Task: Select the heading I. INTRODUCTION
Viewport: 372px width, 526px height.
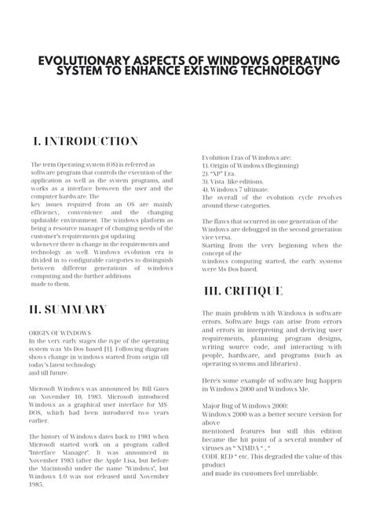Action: click(86, 141)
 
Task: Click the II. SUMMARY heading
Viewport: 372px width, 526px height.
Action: click(67, 309)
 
